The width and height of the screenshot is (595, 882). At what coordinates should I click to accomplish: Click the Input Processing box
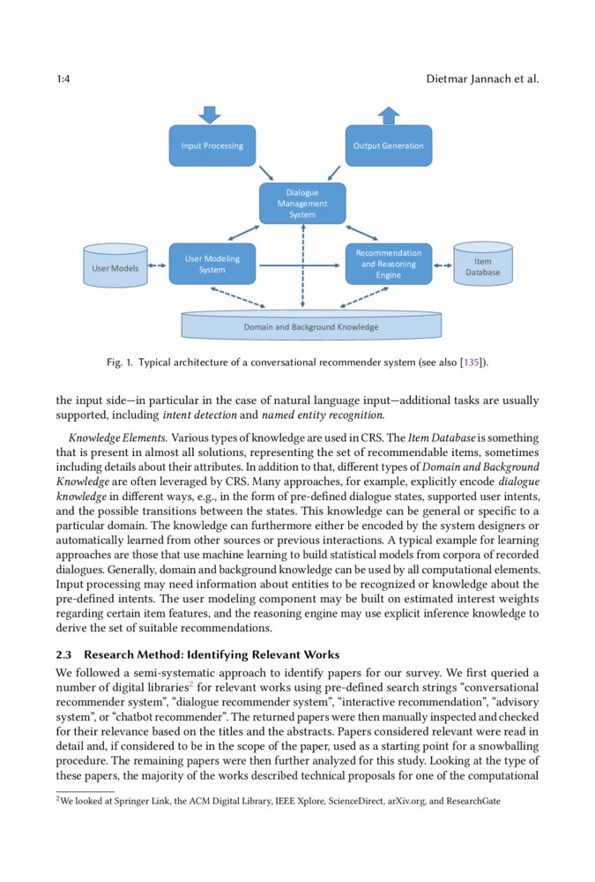212,146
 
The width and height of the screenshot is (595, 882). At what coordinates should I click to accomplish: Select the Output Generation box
388,146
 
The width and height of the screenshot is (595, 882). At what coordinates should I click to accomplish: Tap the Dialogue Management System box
302,204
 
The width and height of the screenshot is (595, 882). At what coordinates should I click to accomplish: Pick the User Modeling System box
212,264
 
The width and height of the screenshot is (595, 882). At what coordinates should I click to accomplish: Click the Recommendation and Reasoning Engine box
388,264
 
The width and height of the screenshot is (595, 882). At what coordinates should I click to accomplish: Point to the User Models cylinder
115,266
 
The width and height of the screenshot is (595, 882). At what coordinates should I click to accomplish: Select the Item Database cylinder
482,265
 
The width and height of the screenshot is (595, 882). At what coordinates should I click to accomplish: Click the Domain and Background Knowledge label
310,327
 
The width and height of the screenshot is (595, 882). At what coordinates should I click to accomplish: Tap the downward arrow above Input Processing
210,115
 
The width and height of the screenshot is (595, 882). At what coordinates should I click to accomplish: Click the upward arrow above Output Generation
388,115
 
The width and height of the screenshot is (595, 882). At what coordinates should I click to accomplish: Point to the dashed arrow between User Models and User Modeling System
157,264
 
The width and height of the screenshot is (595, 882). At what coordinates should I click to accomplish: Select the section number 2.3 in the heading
64,654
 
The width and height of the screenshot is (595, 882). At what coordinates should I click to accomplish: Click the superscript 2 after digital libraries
190,684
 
